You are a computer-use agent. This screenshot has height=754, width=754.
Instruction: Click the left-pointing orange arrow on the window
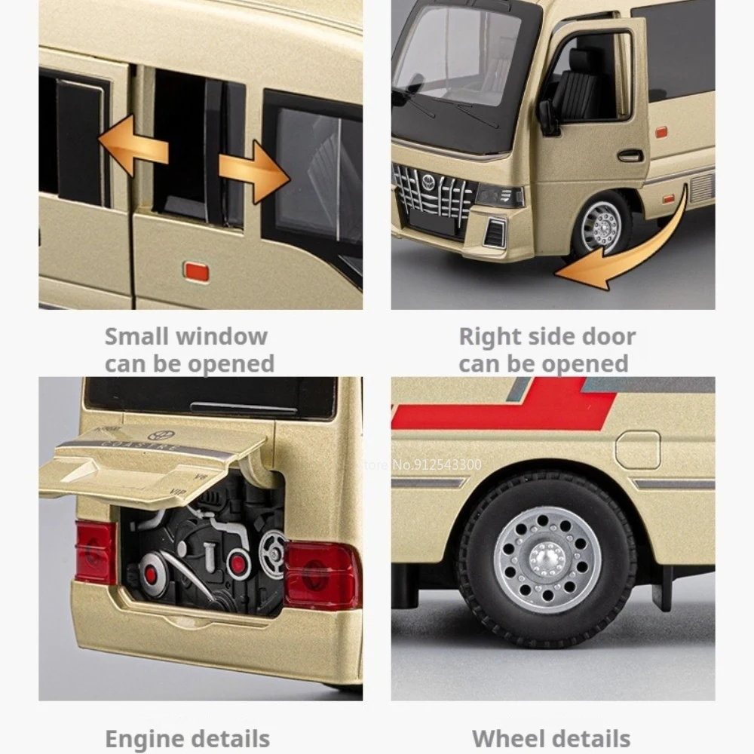coord(132,146)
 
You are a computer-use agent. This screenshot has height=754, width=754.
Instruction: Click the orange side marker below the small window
coord(197,271)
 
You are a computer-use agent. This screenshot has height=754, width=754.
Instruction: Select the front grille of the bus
coord(433,198)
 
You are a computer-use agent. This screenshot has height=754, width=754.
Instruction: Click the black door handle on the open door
coord(630,156)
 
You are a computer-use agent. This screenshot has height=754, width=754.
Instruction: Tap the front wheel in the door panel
coord(600,224)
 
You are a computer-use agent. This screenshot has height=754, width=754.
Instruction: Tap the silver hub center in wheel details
coord(547,558)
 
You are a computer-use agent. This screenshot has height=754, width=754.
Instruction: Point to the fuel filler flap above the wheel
coord(637,450)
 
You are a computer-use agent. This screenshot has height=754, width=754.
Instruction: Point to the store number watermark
coord(426,464)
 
